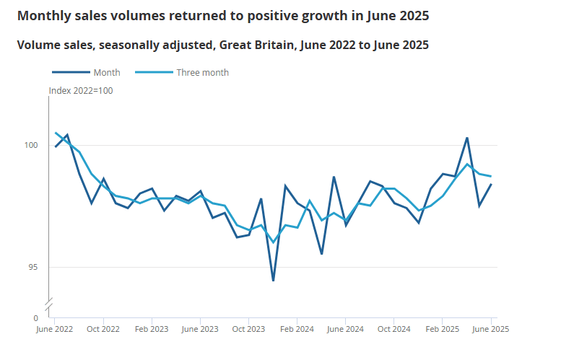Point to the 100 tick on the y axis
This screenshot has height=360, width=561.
tap(31, 146)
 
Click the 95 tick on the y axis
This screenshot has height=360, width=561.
tap(33, 268)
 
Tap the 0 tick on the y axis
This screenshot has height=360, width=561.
tap(35, 317)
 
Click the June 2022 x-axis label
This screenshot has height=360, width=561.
tap(55, 329)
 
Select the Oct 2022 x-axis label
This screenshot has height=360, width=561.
tap(103, 329)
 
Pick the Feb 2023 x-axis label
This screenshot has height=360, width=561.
tap(152, 329)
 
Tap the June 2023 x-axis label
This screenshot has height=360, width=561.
tap(200, 329)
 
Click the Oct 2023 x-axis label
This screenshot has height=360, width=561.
tap(248, 329)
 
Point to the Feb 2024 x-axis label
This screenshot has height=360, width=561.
tap(297, 329)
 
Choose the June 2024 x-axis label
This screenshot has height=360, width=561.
tap(346, 329)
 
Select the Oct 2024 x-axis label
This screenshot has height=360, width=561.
tap(394, 329)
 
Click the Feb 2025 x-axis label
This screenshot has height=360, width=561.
tap(443, 329)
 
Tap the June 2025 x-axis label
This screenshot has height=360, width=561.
tap(491, 329)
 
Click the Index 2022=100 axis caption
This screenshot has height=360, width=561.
tap(81, 91)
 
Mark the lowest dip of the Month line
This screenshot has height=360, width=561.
tap(273, 280)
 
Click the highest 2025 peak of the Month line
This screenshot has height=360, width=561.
tap(467, 138)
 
